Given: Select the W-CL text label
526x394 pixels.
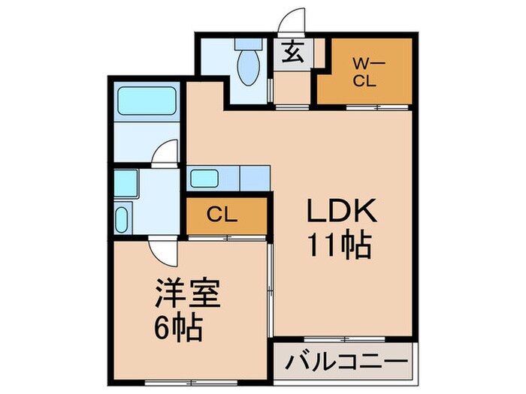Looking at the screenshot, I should pyautogui.click(x=364, y=74).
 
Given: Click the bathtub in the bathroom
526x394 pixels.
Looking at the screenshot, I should pyautogui.click(x=147, y=100).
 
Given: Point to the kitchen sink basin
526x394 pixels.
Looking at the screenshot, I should pyautogui.click(x=204, y=179).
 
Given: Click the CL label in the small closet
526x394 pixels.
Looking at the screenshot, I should pyautogui.click(x=222, y=215).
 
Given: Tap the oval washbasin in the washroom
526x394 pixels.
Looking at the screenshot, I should pyautogui.click(x=122, y=220).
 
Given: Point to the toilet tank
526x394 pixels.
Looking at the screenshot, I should pyautogui.click(x=246, y=46).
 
